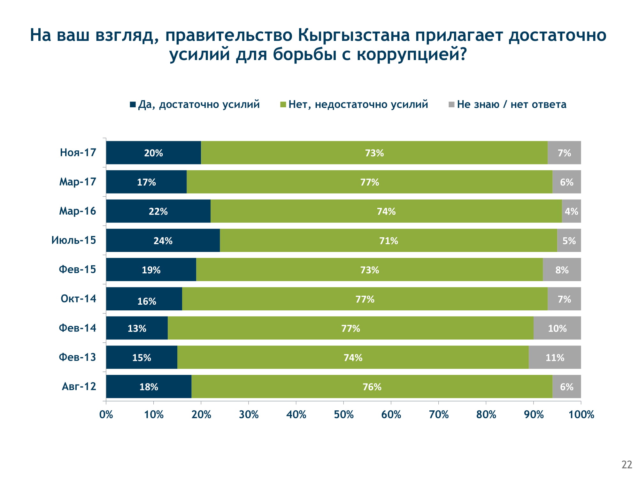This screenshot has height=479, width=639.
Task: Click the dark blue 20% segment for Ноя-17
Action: click(x=153, y=153)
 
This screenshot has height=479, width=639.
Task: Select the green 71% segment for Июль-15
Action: click(x=388, y=240)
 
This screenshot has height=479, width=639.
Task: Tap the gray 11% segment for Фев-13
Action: click(x=555, y=357)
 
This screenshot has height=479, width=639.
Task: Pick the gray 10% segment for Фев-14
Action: click(x=557, y=328)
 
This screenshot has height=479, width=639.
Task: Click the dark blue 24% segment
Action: click(x=163, y=240)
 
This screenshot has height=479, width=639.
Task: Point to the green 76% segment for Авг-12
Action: click(x=372, y=387)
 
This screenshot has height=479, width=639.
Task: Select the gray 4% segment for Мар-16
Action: click(x=571, y=211)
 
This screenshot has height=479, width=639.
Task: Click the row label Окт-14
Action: click(x=78, y=299)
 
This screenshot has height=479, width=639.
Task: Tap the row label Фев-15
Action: click(x=77, y=270)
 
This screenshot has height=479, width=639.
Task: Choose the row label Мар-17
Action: click(x=78, y=182)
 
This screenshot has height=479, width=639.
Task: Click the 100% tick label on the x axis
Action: click(x=581, y=414)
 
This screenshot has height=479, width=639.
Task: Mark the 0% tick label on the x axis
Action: click(x=106, y=414)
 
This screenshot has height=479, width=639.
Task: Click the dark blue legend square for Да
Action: click(x=133, y=104)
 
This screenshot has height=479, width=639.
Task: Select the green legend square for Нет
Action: click(x=283, y=104)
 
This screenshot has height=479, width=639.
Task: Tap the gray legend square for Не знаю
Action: click(x=451, y=104)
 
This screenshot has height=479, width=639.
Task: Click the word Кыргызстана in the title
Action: click(x=354, y=35)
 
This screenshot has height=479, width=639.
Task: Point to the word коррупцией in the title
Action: click(x=412, y=54)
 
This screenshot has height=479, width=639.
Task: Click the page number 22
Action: click(x=627, y=465)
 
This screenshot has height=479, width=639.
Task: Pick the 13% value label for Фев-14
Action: click(x=137, y=328)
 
